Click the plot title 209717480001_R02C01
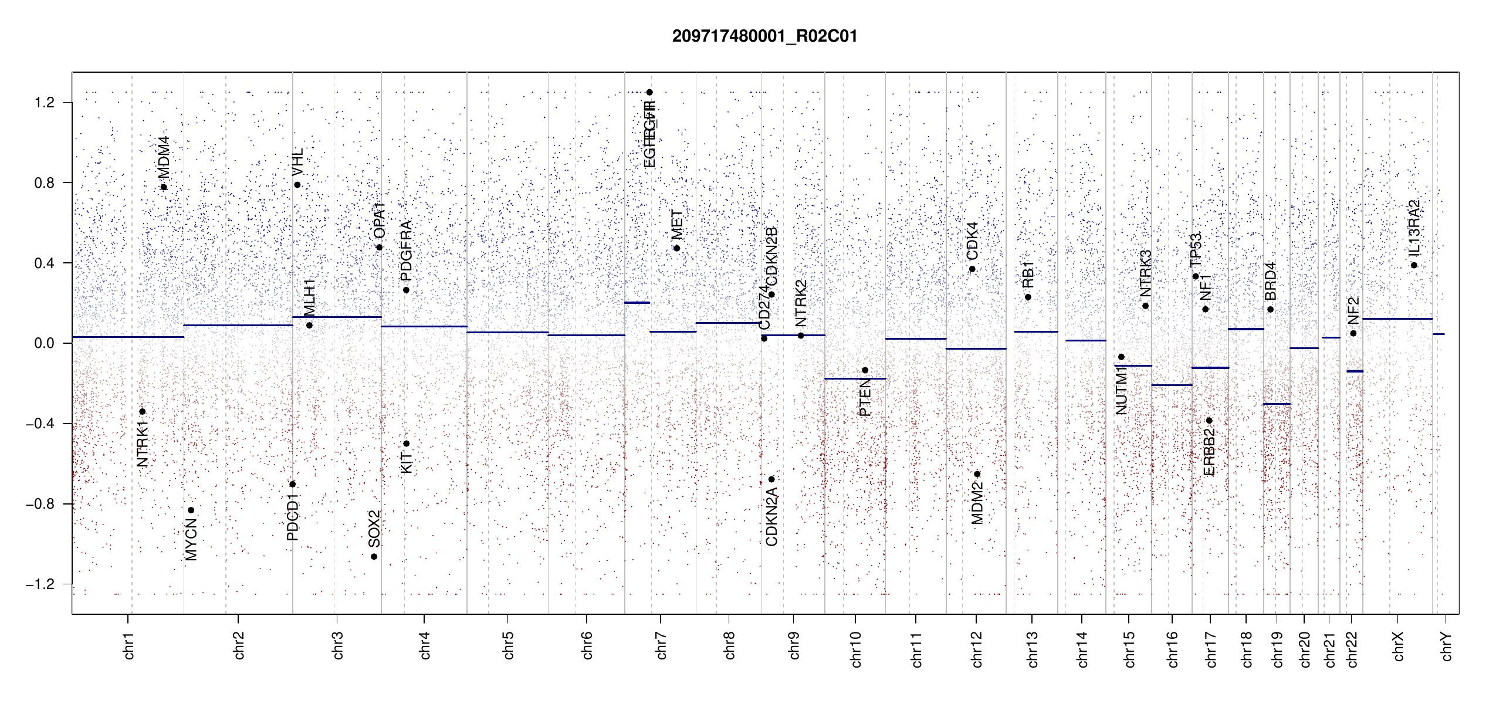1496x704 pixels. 764,36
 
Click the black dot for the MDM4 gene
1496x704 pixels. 164,188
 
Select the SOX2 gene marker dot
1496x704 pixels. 374,557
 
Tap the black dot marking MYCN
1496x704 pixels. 191,510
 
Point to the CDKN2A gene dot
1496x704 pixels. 771,479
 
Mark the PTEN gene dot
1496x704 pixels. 865,370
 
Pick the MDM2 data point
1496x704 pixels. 977,474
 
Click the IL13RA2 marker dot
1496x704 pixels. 1414,265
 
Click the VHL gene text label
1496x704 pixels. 297,162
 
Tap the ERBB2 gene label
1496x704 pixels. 1209,452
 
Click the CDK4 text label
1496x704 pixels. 972,241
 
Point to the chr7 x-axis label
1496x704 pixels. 661,645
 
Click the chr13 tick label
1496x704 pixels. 1032,649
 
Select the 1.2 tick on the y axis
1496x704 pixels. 44,103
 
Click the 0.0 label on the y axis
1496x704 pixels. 44,343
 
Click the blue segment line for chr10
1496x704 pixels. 855,379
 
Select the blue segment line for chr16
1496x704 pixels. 1172,385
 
